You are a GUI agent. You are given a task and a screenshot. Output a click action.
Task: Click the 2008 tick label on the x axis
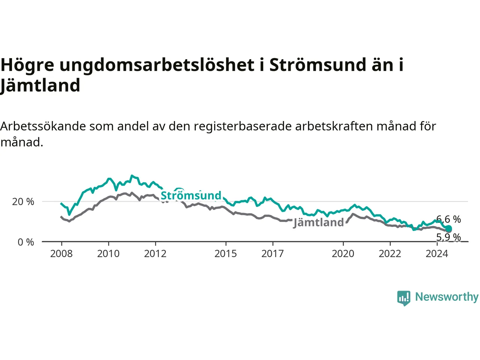click(61, 254)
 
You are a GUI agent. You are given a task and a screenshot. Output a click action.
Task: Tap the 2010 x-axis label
click(108, 254)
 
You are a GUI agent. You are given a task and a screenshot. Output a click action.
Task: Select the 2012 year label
click(155, 254)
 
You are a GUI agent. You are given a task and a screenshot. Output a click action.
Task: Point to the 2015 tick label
click(226, 254)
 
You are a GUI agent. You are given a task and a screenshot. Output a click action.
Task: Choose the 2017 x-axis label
click(273, 254)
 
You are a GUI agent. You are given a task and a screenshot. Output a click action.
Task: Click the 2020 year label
click(343, 254)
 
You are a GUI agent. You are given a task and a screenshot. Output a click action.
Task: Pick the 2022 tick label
click(390, 254)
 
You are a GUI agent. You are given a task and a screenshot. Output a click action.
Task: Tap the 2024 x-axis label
click(437, 254)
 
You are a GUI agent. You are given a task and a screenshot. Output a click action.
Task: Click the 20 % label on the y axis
click(23, 201)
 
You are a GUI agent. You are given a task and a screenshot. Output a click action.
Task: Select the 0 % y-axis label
click(26, 242)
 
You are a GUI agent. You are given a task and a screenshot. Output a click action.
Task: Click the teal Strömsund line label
click(191, 195)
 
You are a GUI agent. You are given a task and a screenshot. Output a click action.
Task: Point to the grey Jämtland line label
click(318, 223)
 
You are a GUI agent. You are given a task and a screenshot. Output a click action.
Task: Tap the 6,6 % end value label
click(448, 219)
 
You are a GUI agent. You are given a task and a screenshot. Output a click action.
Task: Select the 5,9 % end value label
click(448, 237)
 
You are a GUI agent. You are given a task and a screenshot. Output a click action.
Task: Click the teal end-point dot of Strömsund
click(448, 228)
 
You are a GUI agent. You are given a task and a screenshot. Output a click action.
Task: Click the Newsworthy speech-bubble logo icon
click(403, 298)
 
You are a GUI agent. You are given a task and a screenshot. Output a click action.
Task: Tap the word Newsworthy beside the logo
click(447, 297)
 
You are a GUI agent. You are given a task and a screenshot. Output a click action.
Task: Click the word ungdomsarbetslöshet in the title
click(157, 65)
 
